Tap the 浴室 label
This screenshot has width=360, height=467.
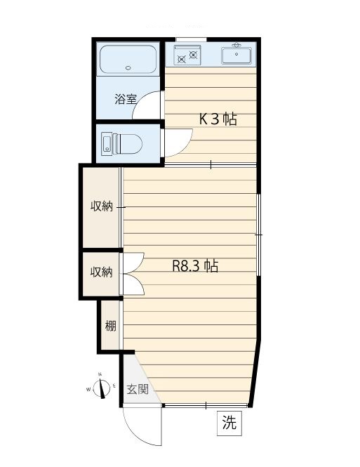(x=126, y=99)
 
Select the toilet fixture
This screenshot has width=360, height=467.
(x=122, y=145)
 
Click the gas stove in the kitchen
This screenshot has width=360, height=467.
(x=187, y=54)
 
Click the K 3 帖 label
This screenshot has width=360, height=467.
(x=218, y=119)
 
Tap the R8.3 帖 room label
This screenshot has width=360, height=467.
(x=195, y=267)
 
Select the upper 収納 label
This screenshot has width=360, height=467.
(x=101, y=206)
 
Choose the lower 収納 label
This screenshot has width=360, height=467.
(x=101, y=272)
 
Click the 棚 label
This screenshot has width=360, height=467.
(x=111, y=326)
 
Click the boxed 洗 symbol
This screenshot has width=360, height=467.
(x=229, y=423)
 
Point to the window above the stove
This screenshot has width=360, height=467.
(x=191, y=38)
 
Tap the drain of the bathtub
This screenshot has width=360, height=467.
(x=128, y=69)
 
